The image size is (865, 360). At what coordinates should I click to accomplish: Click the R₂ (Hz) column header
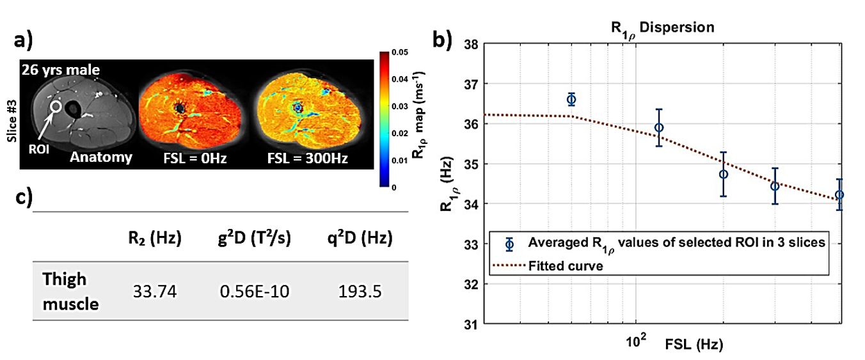click(154, 239)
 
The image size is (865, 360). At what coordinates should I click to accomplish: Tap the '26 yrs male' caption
click(60, 70)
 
